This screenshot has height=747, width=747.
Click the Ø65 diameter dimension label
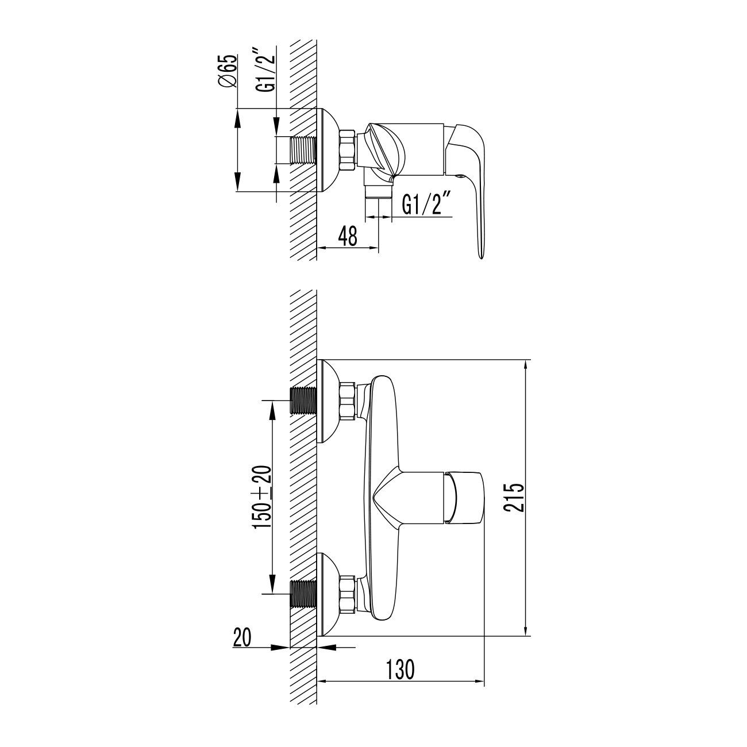[x=227, y=71]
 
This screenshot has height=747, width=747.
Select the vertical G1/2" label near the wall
[x=266, y=70]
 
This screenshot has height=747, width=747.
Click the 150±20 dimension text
[x=263, y=497]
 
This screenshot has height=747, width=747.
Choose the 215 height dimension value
[x=514, y=498]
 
